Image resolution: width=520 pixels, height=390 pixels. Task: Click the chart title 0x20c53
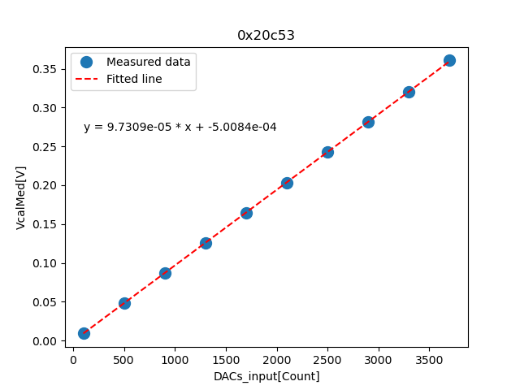point(266,35)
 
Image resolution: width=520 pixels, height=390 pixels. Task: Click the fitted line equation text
point(180,127)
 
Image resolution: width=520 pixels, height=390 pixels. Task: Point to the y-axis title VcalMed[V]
point(21,197)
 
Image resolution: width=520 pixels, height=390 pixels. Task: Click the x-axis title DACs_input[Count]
point(266,376)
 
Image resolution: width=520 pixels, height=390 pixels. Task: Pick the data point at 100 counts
point(84,333)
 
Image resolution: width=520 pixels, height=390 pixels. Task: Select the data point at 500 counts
point(124,303)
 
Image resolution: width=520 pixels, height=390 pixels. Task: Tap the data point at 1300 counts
point(206,243)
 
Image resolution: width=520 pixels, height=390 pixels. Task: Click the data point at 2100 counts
point(287,183)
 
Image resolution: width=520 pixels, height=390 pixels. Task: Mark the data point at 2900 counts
point(368,122)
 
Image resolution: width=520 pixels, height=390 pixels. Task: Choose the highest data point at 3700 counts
point(449,60)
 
